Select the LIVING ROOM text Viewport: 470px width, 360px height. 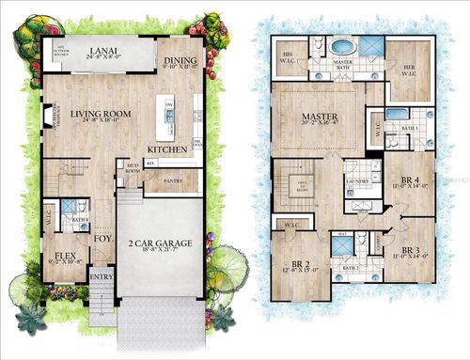[99, 114]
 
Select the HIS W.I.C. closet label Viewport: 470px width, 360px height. [289, 59]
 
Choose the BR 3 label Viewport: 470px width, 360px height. [411, 252]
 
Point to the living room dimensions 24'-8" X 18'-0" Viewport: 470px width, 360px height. [98, 123]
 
